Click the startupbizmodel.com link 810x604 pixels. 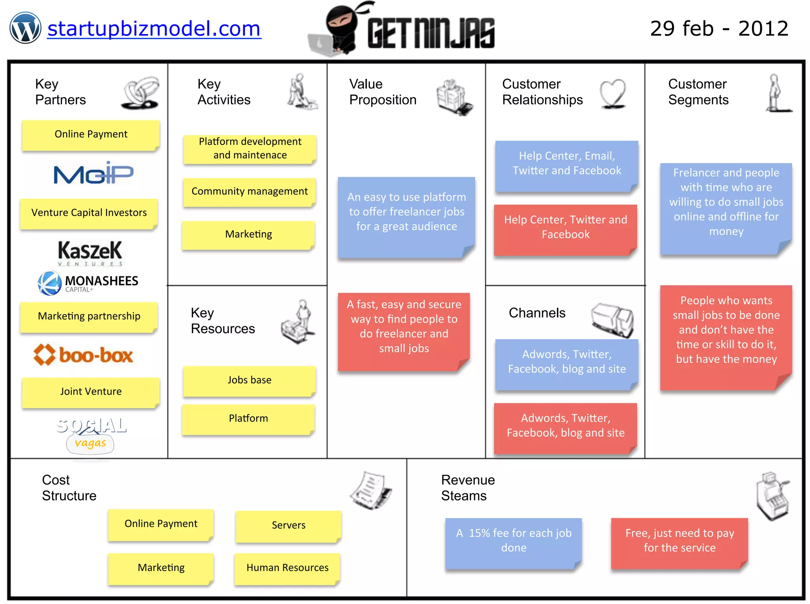click(154, 29)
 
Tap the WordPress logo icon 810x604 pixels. click(25, 28)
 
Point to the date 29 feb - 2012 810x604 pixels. click(719, 29)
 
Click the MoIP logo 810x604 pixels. click(93, 173)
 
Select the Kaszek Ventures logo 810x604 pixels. click(90, 252)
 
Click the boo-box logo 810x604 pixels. click(83, 354)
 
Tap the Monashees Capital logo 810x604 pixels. click(88, 283)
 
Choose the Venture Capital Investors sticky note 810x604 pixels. click(89, 213)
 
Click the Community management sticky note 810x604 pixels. click(249, 192)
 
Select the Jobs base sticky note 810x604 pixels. click(249, 380)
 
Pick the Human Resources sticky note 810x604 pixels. click(288, 568)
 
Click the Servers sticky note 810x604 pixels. click(288, 526)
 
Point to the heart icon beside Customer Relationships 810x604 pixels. click(613, 93)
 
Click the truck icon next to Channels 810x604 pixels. click(612, 320)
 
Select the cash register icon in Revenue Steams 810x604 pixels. click(772, 495)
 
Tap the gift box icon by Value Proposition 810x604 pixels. click(454, 97)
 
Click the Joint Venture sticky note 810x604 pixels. click(91, 392)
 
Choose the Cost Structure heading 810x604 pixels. click(69, 488)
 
